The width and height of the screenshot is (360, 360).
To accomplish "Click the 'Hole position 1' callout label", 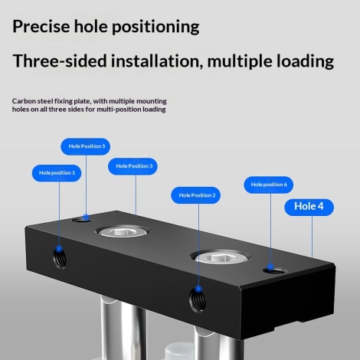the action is click(x=57, y=173).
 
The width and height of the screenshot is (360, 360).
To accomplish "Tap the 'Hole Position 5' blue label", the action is click(x=86, y=146).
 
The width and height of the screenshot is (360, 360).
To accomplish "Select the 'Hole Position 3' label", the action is click(x=133, y=166).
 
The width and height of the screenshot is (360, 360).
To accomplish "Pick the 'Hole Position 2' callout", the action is click(x=195, y=195).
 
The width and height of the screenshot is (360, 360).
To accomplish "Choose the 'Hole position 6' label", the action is click(x=269, y=185).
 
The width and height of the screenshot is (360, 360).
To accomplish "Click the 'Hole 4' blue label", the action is click(x=309, y=208).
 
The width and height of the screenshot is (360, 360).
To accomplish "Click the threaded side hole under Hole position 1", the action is click(x=61, y=258).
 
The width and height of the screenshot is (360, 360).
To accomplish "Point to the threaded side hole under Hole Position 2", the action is click(x=198, y=299).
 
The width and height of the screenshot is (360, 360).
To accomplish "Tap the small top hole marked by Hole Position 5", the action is click(x=82, y=219).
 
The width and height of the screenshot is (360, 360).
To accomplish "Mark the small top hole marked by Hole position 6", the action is click(x=275, y=270).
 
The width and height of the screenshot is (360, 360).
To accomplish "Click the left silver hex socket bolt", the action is click(x=122, y=232).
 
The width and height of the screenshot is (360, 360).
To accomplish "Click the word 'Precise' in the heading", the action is click(x=41, y=26).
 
